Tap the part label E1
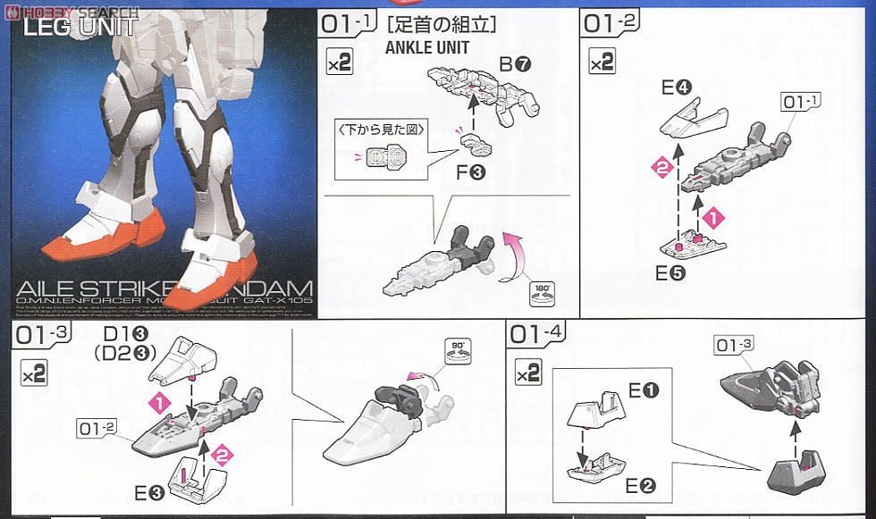(644, 390)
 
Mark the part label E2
(644, 486)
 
